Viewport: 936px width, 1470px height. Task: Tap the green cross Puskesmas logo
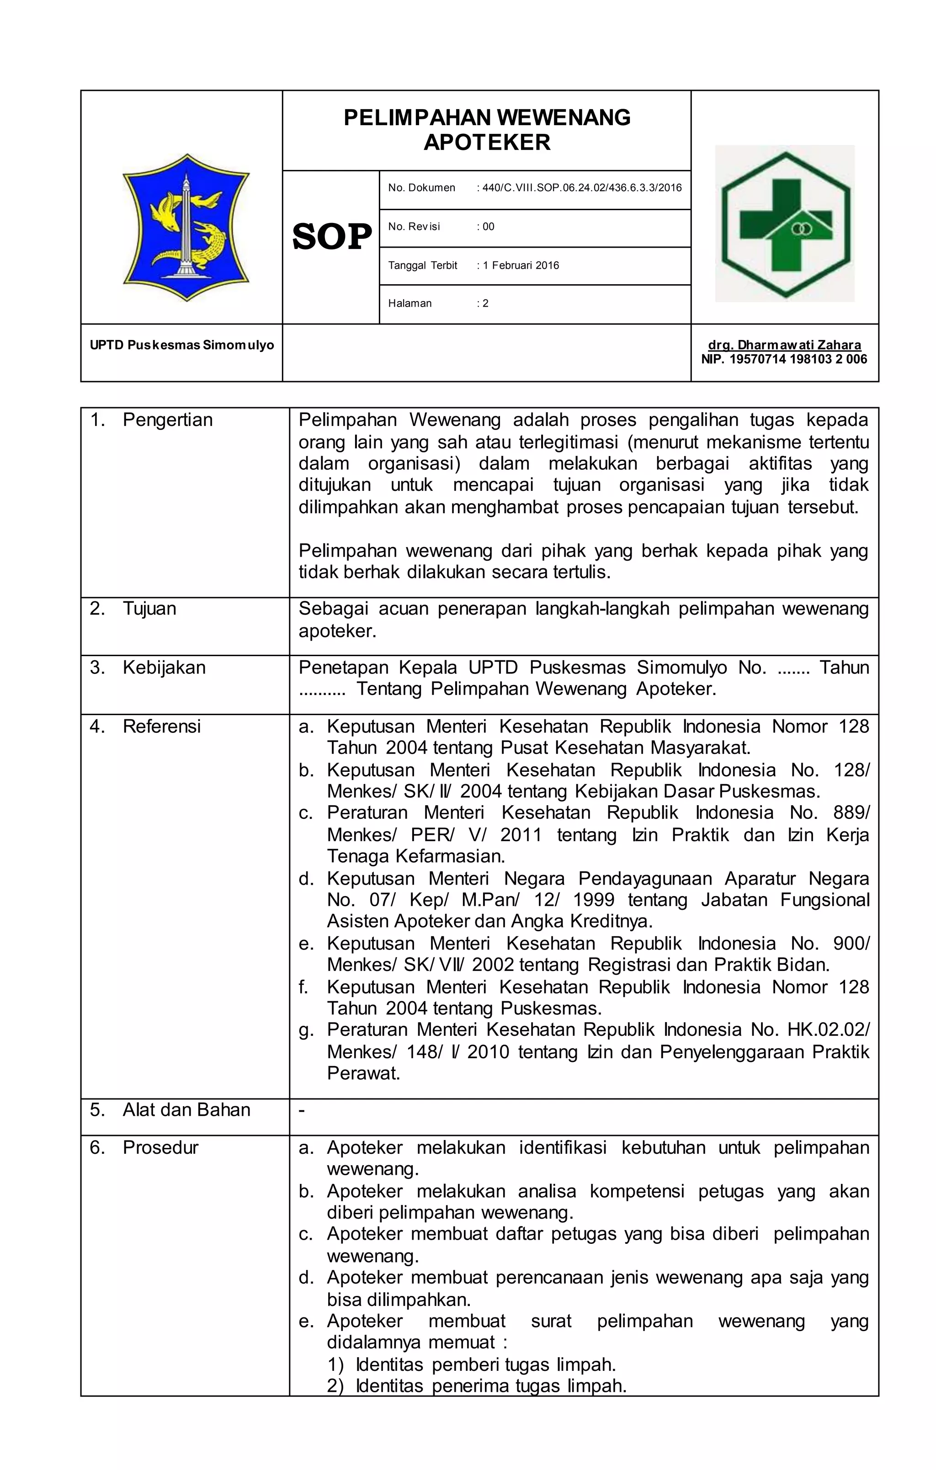coord(785,223)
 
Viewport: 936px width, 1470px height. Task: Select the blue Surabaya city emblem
coord(186,227)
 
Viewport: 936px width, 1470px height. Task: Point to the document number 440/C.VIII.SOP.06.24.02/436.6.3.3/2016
coord(582,188)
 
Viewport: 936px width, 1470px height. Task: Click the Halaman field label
coord(409,303)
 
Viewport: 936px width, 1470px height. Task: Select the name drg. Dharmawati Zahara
coord(785,345)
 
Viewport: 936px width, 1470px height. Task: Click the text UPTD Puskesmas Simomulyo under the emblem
coord(182,345)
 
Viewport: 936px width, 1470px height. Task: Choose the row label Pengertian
coord(167,420)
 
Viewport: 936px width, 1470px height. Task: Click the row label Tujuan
coord(149,609)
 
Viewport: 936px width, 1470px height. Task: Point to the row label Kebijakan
coord(164,667)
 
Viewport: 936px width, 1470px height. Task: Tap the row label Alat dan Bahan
coord(186,1109)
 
